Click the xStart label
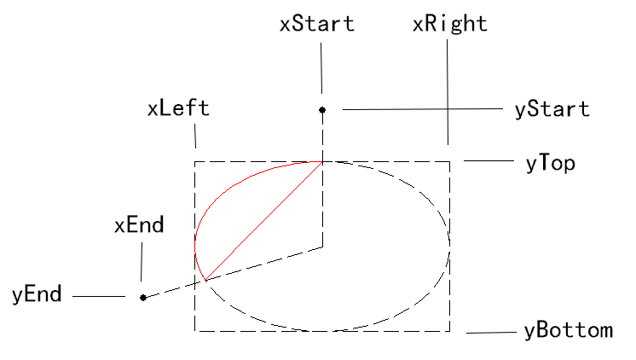point(317,24)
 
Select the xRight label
point(450,24)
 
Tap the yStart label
point(552,109)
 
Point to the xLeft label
point(178,108)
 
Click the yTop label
point(551,164)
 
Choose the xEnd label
point(139,225)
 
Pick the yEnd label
point(37,294)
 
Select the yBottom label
point(569,330)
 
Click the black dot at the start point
point(322,110)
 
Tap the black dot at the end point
point(142,298)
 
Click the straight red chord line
point(263,221)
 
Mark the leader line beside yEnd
point(99,296)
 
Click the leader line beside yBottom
point(492,333)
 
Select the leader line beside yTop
point(489,160)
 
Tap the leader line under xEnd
point(142,262)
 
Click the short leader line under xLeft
point(195,136)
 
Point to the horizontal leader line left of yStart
point(423,109)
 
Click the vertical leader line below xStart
point(321,68)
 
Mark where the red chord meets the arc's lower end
point(205,280)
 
